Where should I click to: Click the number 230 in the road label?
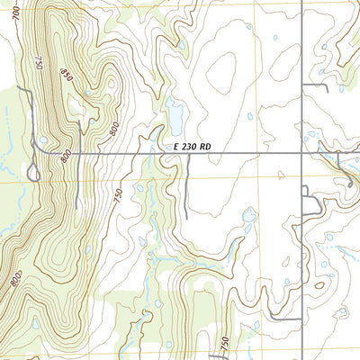coord(191,146)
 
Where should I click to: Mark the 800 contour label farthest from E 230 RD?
coord(15,280)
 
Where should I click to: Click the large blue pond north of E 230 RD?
coord(175,115)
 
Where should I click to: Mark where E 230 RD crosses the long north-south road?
coord(302,154)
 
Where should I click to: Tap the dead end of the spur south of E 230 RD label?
coord(186,217)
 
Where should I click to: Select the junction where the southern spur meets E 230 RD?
coord(186,154)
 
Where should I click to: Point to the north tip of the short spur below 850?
coord(79,123)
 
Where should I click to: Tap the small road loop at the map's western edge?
coord(35,171)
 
